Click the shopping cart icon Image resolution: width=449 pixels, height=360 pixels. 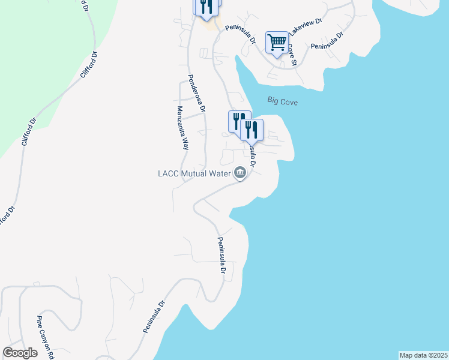click(277, 43)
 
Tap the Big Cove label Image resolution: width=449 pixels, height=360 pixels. click(282, 102)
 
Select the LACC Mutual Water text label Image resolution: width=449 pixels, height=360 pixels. click(195, 174)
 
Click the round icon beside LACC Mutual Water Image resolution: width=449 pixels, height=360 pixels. click(240, 174)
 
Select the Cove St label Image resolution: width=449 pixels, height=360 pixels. click(292, 54)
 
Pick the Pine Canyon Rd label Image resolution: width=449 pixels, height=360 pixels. click(46, 334)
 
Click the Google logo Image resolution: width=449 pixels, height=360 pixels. click(20, 353)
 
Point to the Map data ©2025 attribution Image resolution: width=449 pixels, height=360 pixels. click(423, 355)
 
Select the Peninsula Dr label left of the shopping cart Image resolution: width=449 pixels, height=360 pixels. click(241, 35)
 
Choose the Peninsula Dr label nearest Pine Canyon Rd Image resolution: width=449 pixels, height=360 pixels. click(154, 317)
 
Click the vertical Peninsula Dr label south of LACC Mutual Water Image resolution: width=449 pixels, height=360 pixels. click(221, 256)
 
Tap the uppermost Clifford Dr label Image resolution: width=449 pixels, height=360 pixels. click(89, 66)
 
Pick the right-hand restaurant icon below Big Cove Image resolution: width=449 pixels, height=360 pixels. click(252, 129)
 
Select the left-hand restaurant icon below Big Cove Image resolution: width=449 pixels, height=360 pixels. click(238, 121)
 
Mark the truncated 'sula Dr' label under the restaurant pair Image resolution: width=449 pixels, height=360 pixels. click(252, 154)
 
